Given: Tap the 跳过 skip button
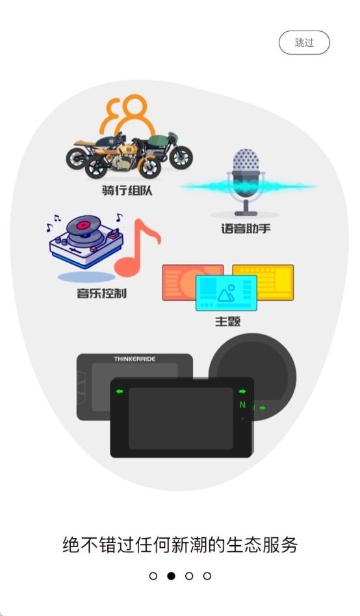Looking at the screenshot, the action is [304, 42].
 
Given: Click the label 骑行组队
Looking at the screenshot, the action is [127, 190].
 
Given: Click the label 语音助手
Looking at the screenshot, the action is [246, 228].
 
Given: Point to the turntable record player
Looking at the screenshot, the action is [86, 241].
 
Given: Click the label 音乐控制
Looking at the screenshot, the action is [102, 293].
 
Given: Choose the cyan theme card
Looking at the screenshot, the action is [226, 293].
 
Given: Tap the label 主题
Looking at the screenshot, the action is [227, 322].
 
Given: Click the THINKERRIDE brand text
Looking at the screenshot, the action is [135, 359].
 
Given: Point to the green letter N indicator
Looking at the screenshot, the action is [242, 405].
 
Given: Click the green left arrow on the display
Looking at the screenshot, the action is [120, 391].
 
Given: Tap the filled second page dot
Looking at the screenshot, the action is [171, 576].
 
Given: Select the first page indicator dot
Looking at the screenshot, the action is [153, 576].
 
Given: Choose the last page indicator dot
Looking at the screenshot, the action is [207, 576].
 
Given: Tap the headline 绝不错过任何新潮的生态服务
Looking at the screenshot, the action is [180, 545].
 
